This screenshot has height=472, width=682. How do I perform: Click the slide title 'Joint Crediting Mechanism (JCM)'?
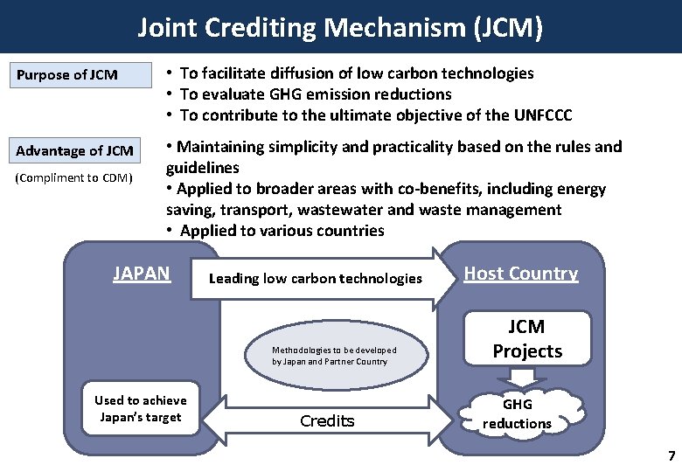pos(340,28)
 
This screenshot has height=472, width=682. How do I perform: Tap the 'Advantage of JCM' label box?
pos(75,150)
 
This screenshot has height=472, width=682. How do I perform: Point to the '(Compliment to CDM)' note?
pos(73,179)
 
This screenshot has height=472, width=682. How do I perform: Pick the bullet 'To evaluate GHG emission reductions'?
pos(316,94)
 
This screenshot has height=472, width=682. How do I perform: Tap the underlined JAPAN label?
pos(142,274)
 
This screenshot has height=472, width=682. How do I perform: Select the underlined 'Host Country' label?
pos(520,274)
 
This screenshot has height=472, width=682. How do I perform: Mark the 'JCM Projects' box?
pos(527,339)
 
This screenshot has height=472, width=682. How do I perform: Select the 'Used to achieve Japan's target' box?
pos(140,409)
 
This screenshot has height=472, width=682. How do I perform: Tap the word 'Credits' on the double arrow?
pos(327,421)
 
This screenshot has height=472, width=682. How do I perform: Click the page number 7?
pos(671,455)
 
